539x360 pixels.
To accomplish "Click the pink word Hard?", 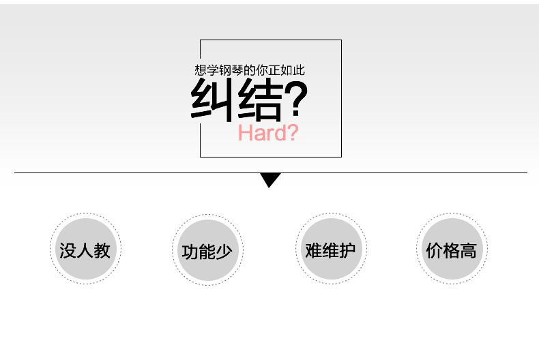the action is click(268, 132).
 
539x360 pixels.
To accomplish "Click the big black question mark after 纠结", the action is click(296, 99).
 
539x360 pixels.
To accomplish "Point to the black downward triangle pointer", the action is click(270, 179).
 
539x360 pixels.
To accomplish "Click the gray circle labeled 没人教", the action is click(85, 249).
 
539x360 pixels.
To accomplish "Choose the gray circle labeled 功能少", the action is click(208, 250).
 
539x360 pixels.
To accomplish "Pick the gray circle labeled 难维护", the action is click(331, 249).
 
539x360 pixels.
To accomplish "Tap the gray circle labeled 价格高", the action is click(452, 249).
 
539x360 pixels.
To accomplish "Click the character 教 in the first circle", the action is click(102, 250).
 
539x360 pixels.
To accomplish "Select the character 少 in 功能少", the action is click(224, 252).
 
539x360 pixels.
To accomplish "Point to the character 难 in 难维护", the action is click(313, 250).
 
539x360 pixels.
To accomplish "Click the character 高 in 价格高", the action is click(469, 250).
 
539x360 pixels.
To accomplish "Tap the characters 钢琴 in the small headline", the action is click(231, 70).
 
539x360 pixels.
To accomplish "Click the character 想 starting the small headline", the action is click(201, 70).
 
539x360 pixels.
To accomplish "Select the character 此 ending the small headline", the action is click(299, 70).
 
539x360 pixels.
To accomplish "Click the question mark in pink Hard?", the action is click(293, 132).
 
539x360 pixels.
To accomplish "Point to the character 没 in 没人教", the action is click(68, 250).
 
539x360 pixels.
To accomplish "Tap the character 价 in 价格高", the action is click(435, 250).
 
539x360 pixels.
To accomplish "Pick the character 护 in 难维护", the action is click(347, 250).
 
